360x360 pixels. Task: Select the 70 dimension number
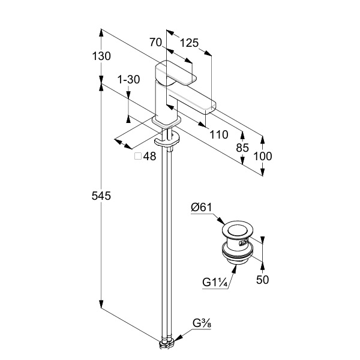pyautogui.click(x=156, y=43)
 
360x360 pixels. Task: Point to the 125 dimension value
pyautogui.click(x=189, y=43)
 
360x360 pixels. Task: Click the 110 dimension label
pyautogui.click(x=219, y=135)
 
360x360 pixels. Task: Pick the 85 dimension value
pyautogui.click(x=242, y=147)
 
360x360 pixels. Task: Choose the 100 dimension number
pyautogui.click(x=263, y=156)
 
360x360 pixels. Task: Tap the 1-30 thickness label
pyautogui.click(x=128, y=79)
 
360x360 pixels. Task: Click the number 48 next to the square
pyautogui.click(x=149, y=156)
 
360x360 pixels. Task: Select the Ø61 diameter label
pyautogui.click(x=202, y=208)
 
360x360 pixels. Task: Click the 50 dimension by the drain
pyautogui.click(x=262, y=280)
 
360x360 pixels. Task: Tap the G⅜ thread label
pyautogui.click(x=202, y=324)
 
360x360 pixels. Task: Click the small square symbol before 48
pyautogui.click(x=138, y=156)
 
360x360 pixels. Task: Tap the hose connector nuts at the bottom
pyautogui.click(x=166, y=344)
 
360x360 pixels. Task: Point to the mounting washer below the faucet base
pyautogui.click(x=166, y=142)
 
